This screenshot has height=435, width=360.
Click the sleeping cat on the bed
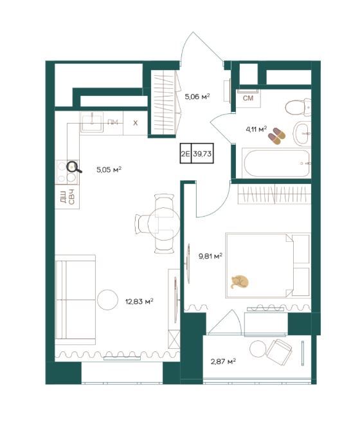pyautogui.click(x=240, y=282)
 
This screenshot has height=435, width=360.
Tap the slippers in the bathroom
pyautogui.click(x=276, y=136)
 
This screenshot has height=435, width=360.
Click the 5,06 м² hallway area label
pyautogui.click(x=197, y=97)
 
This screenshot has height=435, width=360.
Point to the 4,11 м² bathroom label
pyautogui.click(x=256, y=129)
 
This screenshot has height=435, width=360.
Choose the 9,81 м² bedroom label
pyautogui.click(x=210, y=256)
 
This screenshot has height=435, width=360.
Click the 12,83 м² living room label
pyautogui.click(x=139, y=301)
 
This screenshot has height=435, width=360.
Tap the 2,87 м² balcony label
pyautogui.click(x=223, y=362)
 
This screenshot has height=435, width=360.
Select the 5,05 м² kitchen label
pyautogui.click(x=109, y=169)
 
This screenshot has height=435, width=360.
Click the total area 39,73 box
pyautogui.click(x=203, y=153)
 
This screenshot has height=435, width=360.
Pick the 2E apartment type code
pyautogui.click(x=185, y=153)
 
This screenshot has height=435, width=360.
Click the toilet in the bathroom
pyautogui.click(x=298, y=107)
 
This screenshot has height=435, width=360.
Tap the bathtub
pyautogui.click(x=276, y=163)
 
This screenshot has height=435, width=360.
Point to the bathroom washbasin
pyautogui.click(x=302, y=134)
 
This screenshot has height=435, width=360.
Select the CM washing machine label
pyautogui.click(x=248, y=98)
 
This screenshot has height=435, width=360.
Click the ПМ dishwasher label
pyautogui.click(x=113, y=122)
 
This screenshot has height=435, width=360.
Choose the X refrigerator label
pyautogui.click(x=135, y=123)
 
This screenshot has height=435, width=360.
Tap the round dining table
pyautogui.click(x=164, y=223)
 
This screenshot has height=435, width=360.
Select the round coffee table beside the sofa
pyautogui.click(x=107, y=300)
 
